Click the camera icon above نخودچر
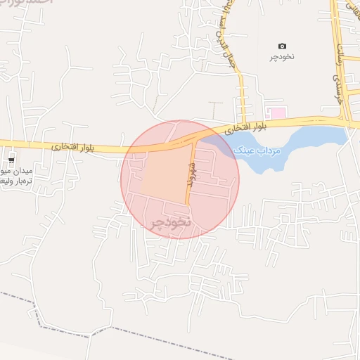click(x=283, y=46)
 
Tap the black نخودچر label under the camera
click(x=283, y=56)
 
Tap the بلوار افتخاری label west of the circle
click(x=72, y=147)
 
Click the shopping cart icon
click(x=11, y=158)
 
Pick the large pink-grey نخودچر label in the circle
click(x=170, y=223)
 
